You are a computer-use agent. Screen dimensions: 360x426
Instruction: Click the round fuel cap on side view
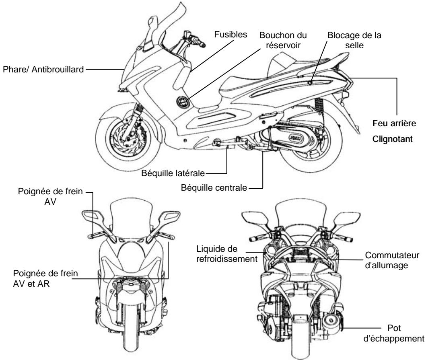[182, 103]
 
